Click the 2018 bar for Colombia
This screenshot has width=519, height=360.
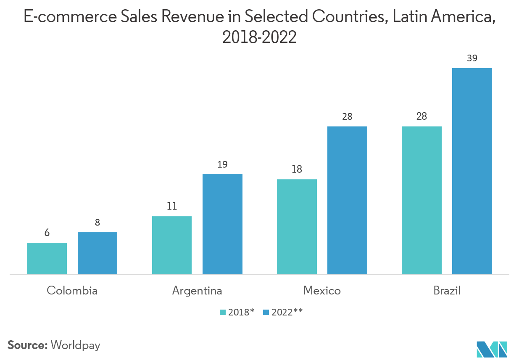47,258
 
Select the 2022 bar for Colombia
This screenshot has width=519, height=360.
97,253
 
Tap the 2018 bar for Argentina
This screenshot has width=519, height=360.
172,245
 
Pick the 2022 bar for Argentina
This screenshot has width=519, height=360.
222,224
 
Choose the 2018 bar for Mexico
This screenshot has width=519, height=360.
297,227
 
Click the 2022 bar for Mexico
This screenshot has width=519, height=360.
347,200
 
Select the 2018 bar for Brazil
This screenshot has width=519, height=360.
422,200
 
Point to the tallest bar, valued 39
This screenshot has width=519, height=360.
472,171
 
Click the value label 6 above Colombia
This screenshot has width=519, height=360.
47,233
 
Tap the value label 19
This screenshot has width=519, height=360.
222,164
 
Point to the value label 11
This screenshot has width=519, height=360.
172,206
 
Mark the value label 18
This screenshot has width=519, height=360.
297,169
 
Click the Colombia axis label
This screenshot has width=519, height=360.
72,291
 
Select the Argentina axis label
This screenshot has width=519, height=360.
197,291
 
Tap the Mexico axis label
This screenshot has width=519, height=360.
322,291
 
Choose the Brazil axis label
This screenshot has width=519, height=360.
447,291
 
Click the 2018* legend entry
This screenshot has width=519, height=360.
237,312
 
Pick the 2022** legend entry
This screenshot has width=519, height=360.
283,312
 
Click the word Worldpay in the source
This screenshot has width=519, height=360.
76,345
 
